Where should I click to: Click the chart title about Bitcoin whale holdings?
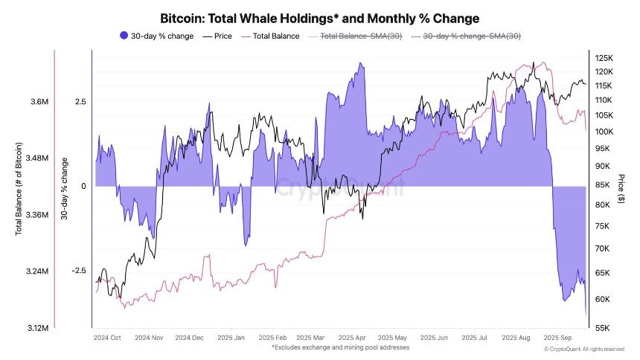320,17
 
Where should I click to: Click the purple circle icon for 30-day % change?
124,36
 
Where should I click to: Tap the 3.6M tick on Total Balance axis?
39,102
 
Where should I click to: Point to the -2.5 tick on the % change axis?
80,271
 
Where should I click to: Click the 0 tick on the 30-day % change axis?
84,186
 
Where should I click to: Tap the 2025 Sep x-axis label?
557,337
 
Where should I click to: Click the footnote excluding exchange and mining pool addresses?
340,347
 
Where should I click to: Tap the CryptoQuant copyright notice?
583,348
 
